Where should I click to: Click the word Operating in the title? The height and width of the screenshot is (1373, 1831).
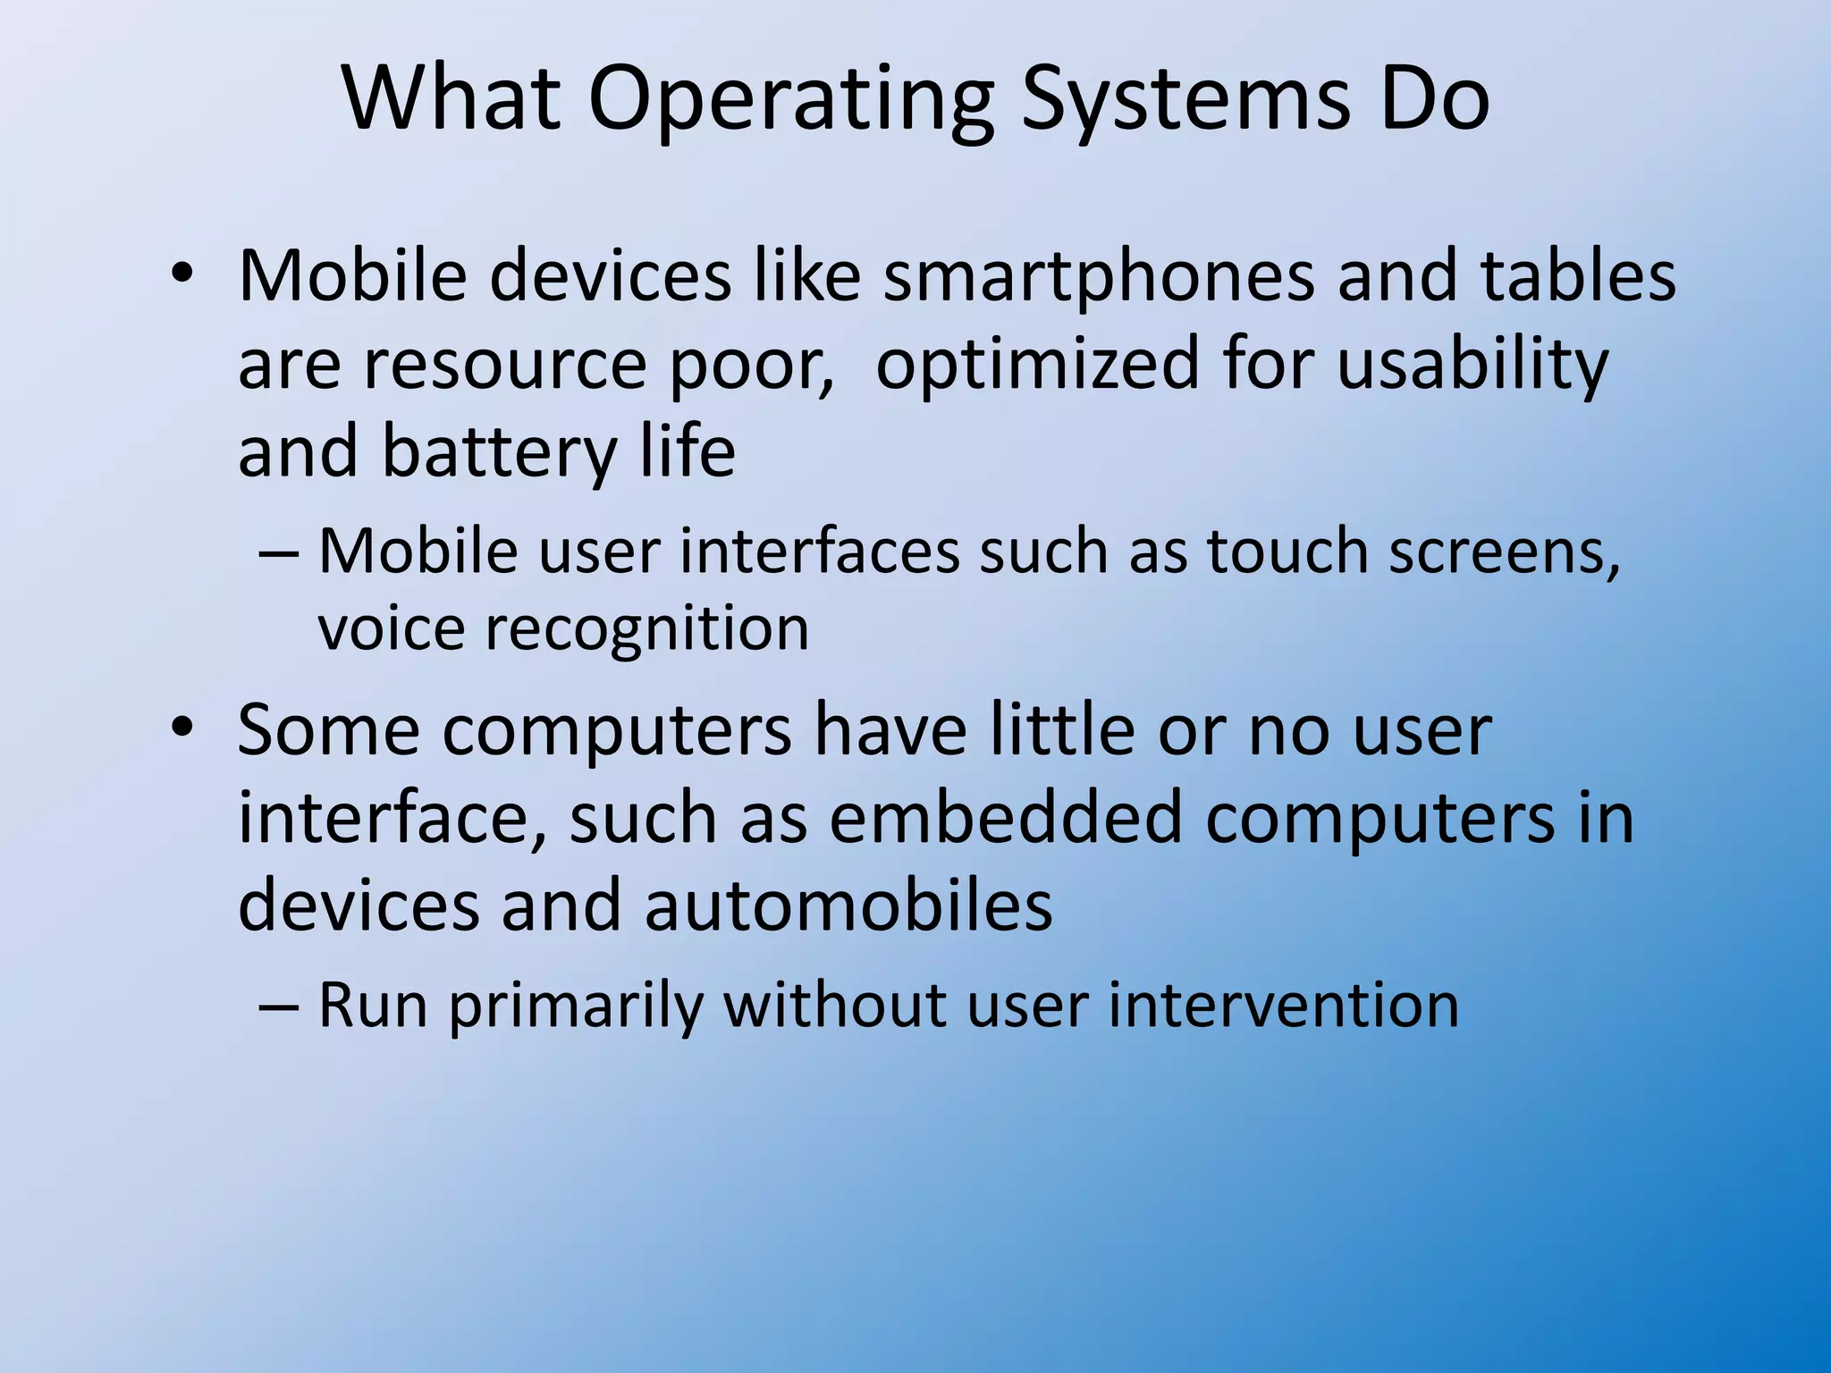tap(790, 100)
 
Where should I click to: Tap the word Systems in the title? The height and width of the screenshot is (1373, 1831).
tap(1185, 100)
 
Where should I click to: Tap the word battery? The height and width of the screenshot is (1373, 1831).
tap(499, 452)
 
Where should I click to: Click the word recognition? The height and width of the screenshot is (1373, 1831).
tap(646, 629)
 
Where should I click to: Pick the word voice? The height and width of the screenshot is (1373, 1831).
tap(391, 628)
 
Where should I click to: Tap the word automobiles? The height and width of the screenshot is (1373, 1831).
tap(848, 906)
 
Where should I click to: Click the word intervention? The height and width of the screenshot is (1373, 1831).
tap(1284, 1005)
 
